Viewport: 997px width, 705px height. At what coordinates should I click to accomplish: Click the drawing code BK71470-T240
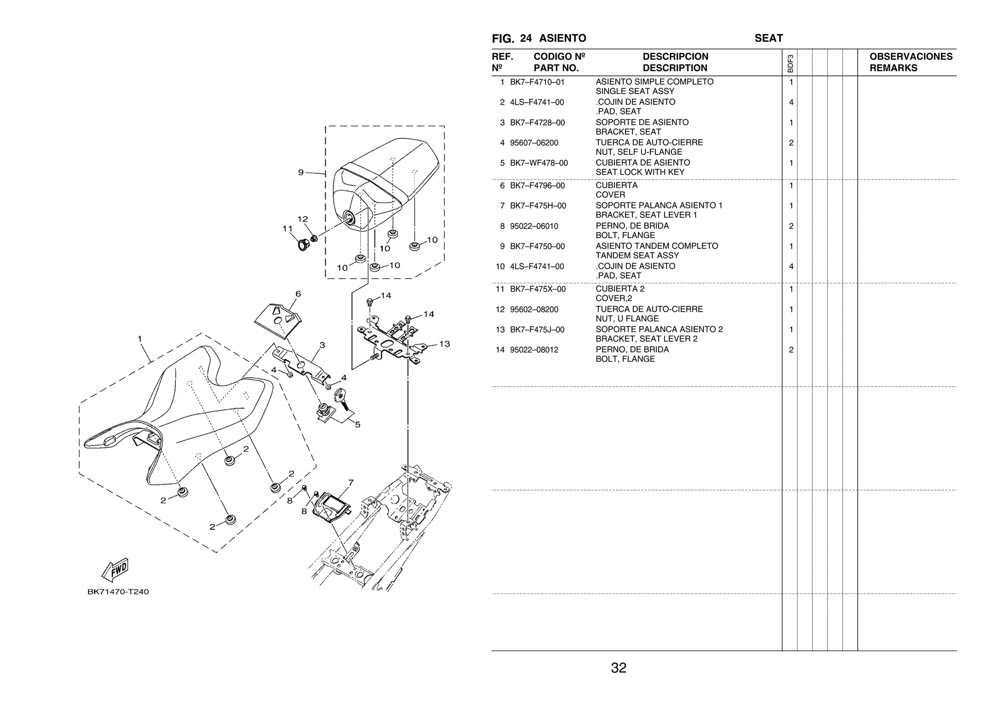point(118,592)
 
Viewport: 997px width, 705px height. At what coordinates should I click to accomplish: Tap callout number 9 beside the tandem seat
point(301,172)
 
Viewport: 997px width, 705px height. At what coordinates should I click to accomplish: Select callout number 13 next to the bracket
point(444,344)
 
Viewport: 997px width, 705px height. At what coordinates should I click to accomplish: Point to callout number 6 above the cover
point(298,294)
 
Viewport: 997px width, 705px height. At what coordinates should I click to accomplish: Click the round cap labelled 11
point(303,243)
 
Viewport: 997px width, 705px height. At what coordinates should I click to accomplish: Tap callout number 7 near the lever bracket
point(351,483)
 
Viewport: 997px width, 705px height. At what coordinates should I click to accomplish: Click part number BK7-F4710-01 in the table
point(537,82)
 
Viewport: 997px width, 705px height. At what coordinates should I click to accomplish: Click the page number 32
point(618,668)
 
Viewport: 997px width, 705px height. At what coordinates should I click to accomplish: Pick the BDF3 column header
point(790,63)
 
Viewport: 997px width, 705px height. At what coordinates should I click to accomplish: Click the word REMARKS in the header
point(893,68)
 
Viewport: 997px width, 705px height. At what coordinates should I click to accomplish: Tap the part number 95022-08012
point(534,350)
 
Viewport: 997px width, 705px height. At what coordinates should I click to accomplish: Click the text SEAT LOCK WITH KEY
point(640,172)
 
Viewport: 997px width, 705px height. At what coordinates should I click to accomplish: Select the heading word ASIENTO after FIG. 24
point(562,38)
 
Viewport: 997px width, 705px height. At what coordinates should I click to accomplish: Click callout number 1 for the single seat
point(140,339)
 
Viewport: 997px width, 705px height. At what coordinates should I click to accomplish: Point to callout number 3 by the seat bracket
point(322,345)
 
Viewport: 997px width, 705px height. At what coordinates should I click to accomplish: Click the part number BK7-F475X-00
point(537,289)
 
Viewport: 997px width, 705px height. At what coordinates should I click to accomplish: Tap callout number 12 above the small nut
point(302,220)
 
